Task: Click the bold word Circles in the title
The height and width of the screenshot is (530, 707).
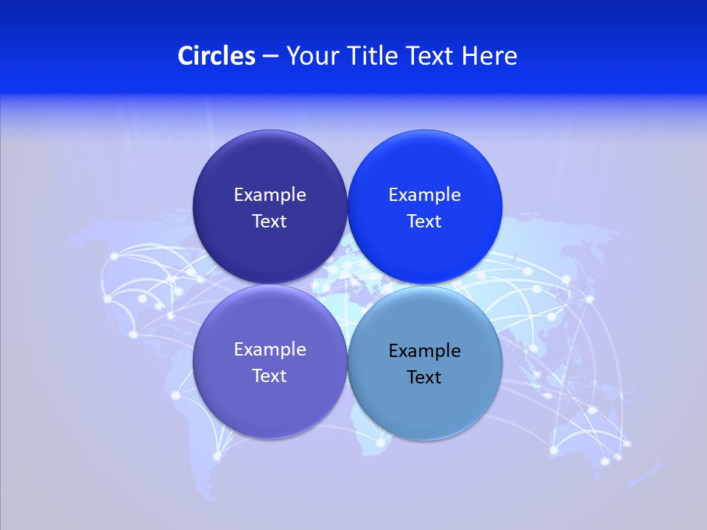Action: pyautogui.click(x=217, y=56)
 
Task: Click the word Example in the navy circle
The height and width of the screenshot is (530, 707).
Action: pyautogui.click(x=270, y=195)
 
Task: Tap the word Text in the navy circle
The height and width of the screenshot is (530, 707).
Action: pyautogui.click(x=270, y=222)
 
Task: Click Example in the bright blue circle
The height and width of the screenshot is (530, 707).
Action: pyautogui.click(x=425, y=195)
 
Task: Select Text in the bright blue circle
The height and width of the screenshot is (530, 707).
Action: pyautogui.click(x=425, y=222)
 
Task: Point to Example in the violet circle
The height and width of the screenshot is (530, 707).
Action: pyautogui.click(x=270, y=350)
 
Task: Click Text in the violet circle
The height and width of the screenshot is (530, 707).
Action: pyautogui.click(x=270, y=376)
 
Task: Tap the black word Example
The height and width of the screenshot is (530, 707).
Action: pyautogui.click(x=425, y=351)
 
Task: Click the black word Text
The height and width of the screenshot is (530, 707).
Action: pyautogui.click(x=425, y=378)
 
